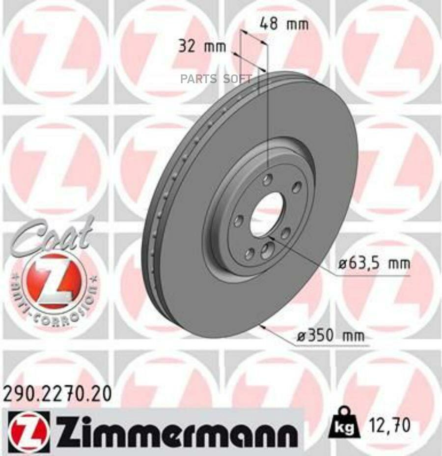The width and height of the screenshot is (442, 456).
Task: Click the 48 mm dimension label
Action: point(283,24)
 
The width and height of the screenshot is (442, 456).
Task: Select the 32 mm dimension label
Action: point(202,47)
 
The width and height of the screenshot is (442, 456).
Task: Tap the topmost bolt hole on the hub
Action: point(268,178)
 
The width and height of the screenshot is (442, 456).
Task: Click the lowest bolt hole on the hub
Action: point(250,254)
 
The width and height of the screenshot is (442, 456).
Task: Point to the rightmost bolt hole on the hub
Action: point(296,188)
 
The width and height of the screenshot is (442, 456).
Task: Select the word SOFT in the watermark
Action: point(238,79)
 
